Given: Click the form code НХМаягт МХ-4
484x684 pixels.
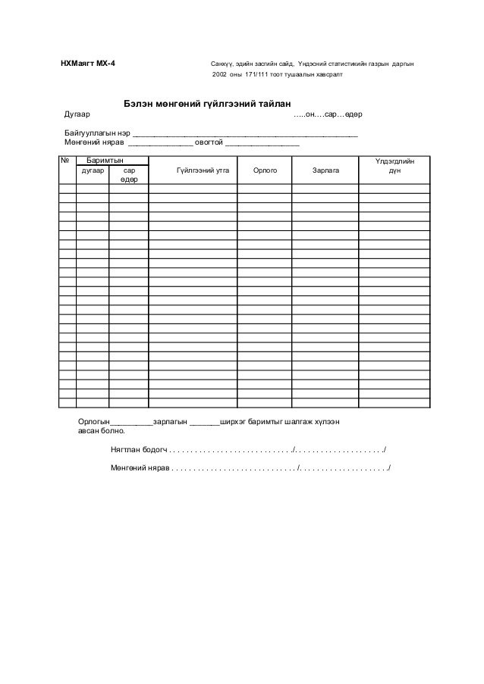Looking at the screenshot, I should tap(89, 63).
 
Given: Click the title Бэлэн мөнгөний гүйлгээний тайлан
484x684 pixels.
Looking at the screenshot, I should tap(202, 104).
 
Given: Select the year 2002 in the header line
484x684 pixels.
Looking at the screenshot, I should tap(219, 77).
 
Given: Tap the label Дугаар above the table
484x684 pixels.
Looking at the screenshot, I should tap(77, 114).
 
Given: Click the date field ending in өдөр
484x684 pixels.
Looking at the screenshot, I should tap(328, 114).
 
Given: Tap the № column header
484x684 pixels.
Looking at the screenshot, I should tap(66, 161).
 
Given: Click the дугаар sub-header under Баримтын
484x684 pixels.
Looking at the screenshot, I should tap(92, 171).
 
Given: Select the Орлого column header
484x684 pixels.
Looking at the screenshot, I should tap(265, 171).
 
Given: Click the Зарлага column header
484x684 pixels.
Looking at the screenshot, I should tap(326, 171).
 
